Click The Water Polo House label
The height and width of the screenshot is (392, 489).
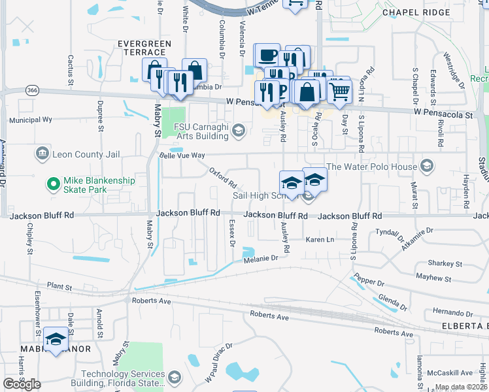tap(371, 166)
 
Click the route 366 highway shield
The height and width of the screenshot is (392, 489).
tap(31, 90)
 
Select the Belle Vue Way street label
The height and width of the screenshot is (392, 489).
tap(182, 155)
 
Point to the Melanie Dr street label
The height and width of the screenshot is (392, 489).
tap(261, 258)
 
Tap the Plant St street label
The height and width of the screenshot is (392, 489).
tap(59, 286)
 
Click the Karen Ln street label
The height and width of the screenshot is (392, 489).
tap(320, 240)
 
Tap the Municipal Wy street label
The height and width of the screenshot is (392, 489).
tap(30, 120)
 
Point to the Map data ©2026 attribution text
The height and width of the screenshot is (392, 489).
tap(460, 387)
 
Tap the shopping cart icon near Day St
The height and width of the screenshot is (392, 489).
tap(339, 93)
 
